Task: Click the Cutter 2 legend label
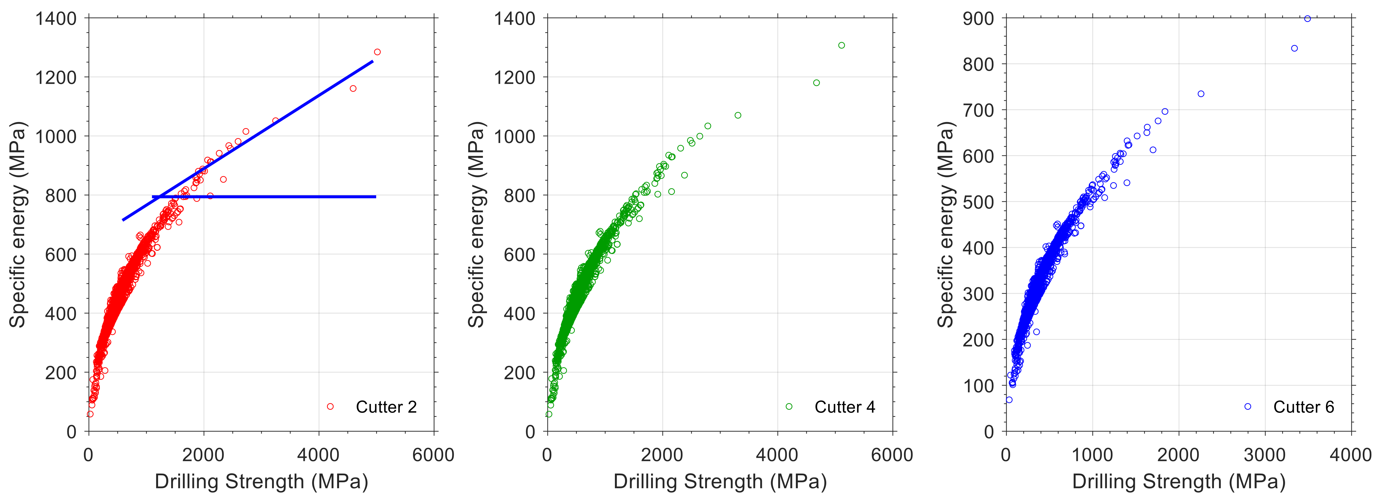tap(386, 407)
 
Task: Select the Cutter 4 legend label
tap(845, 407)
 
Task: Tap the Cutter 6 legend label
tap(1303, 407)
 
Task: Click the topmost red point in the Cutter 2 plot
tap(377, 52)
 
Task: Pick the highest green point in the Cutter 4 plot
tap(842, 45)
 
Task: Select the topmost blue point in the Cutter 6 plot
tap(1307, 19)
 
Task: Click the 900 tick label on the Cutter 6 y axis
tap(978, 19)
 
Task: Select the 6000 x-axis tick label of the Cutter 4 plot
tap(892, 455)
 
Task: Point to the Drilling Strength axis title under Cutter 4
tap(720, 481)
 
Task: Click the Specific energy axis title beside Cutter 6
tap(946, 224)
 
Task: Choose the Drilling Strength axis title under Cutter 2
tap(261, 481)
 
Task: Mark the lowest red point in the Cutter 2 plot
tap(90, 414)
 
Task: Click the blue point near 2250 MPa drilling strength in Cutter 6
tap(1201, 94)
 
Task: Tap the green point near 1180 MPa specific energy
tap(816, 83)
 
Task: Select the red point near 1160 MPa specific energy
tap(353, 88)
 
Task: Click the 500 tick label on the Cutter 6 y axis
tap(978, 202)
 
